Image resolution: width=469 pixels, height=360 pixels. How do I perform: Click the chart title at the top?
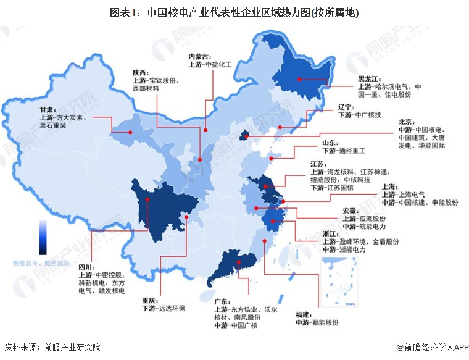tap(234, 12)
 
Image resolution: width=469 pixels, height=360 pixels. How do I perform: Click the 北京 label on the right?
tap(407, 122)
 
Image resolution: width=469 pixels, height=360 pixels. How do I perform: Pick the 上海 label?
tap(391, 185)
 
